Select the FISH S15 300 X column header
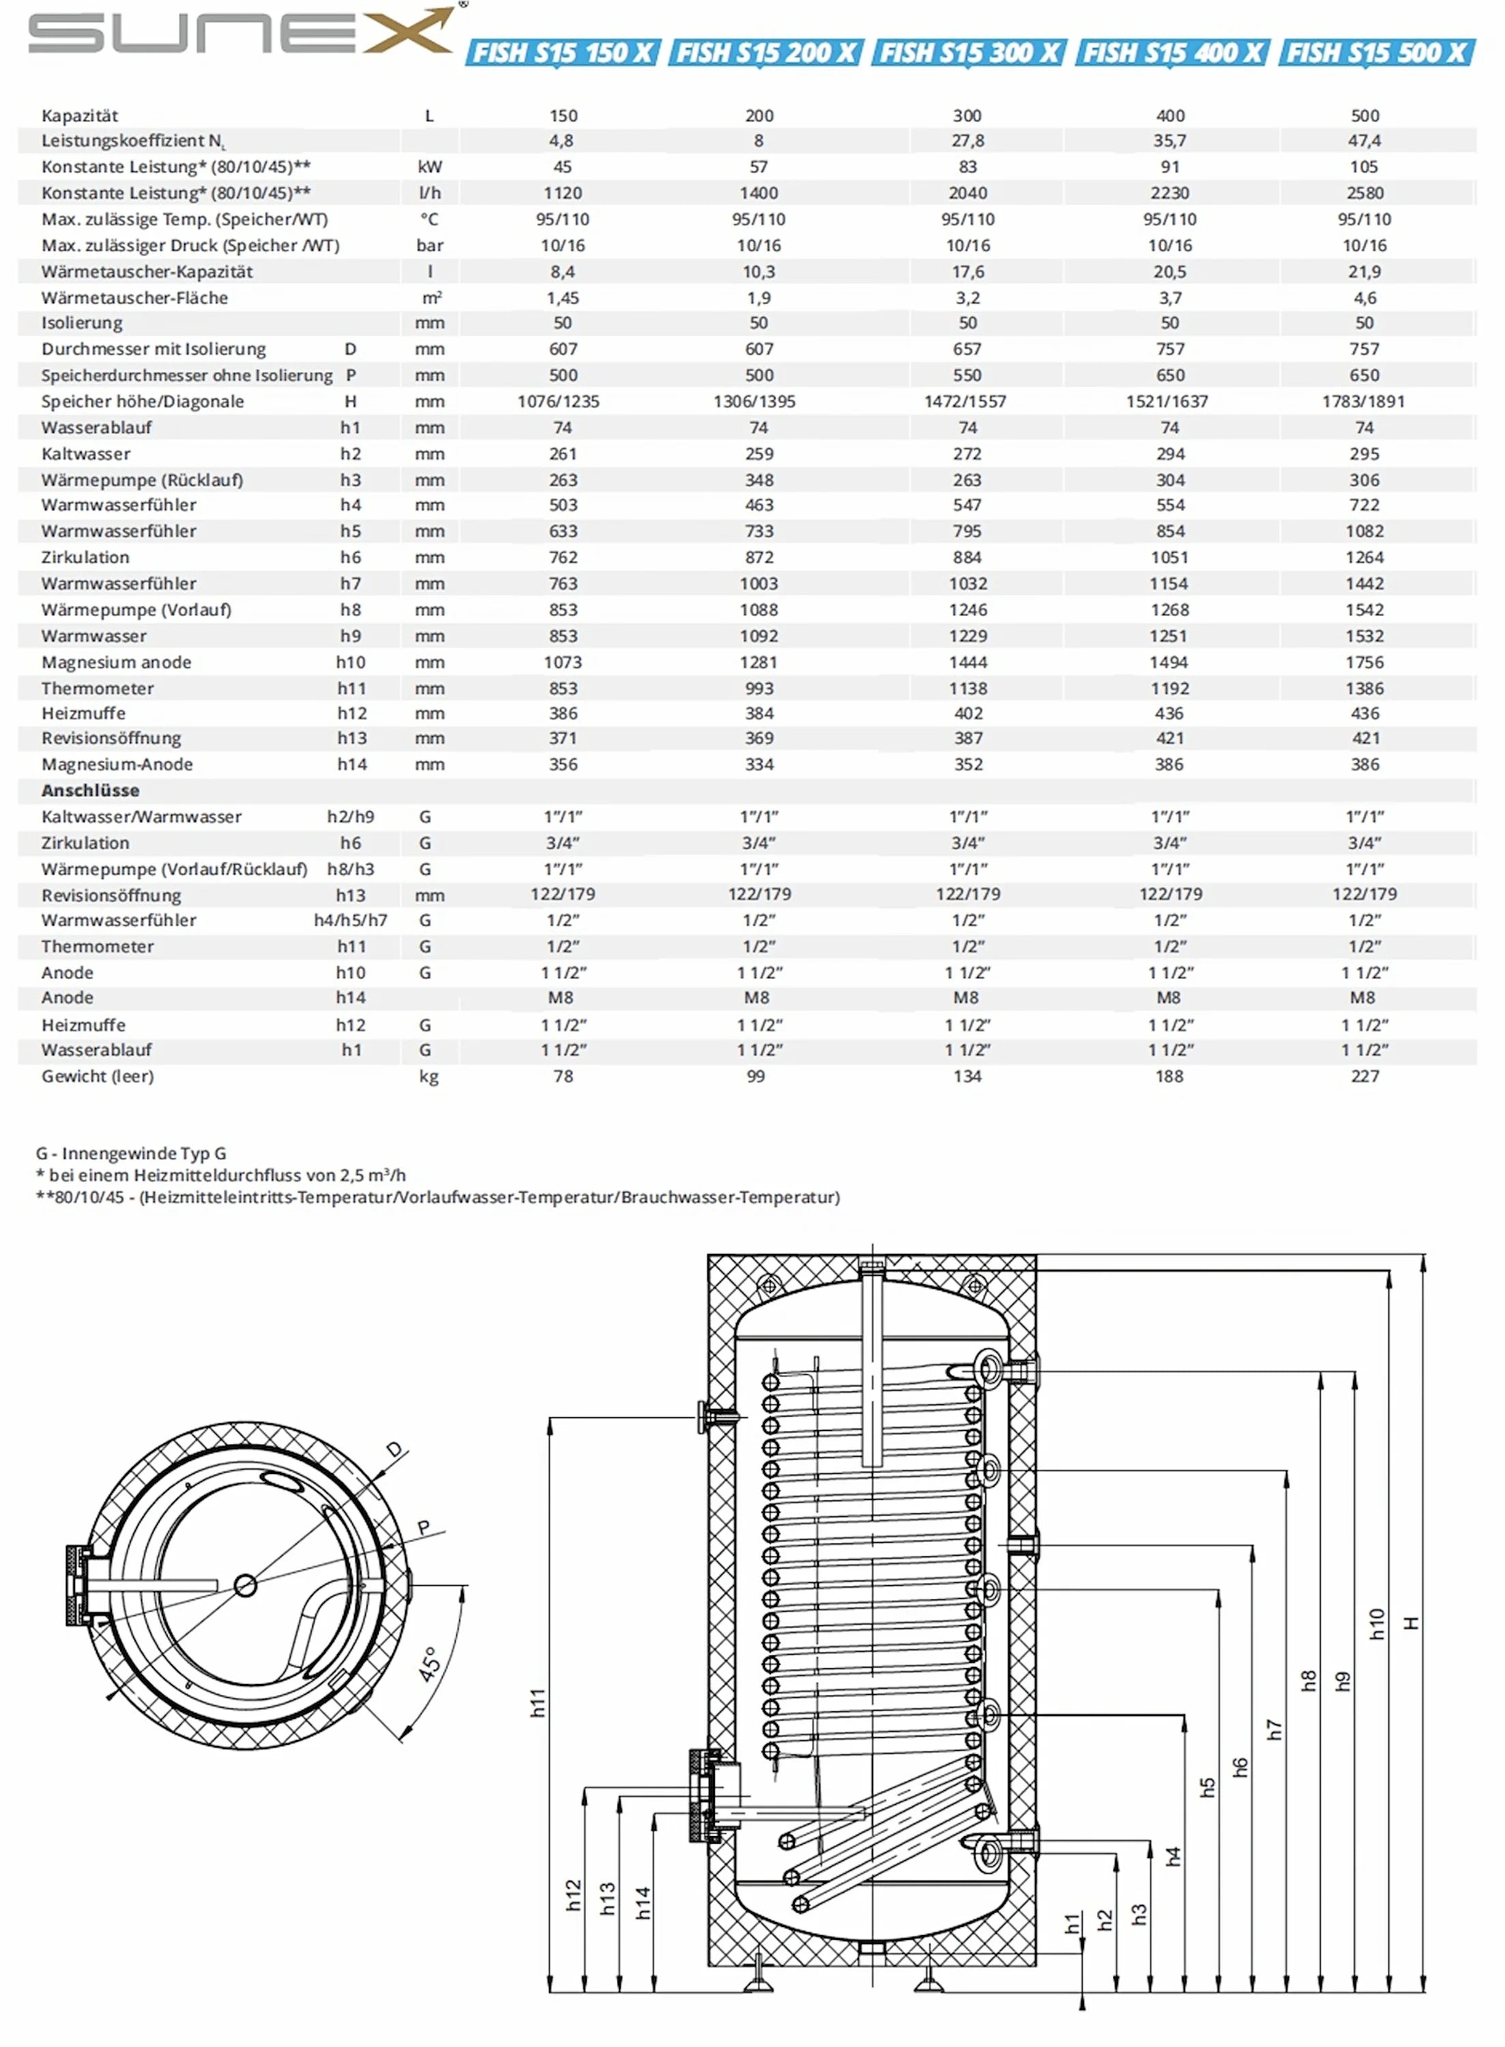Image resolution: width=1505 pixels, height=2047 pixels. pos(968,53)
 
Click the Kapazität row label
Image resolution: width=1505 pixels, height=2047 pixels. pos(81,116)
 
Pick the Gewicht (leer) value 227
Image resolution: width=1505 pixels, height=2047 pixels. pos(1364,1076)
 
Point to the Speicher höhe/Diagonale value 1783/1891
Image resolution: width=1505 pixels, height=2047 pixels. pos(1363,402)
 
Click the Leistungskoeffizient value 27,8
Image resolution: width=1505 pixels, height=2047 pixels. pos(967,141)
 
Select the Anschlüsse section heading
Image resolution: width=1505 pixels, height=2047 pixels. pos(90,791)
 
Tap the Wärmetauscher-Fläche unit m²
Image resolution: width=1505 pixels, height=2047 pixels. pos(431,298)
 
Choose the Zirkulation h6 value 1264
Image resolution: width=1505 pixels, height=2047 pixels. pos(1364,557)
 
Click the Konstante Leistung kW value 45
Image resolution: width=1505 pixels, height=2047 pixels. pos(563,166)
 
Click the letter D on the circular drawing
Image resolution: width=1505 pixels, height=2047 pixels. pos(394,1449)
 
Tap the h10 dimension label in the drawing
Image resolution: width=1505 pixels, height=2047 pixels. pos(1377,1625)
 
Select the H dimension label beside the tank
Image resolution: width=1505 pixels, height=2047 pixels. pos(1411,1623)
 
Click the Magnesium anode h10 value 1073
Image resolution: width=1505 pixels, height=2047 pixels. pos(563,663)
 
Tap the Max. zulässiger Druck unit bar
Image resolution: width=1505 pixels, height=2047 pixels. pos(430,246)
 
